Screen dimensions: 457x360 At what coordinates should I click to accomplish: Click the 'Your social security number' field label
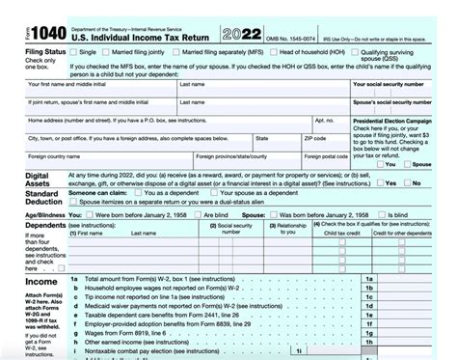(x=385, y=84)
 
